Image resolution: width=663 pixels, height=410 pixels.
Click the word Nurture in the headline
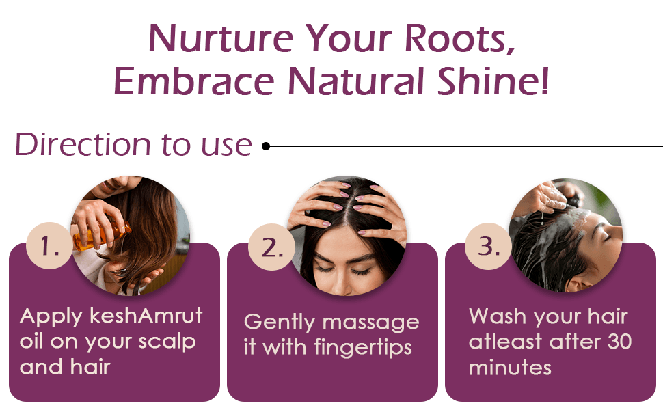point(221,38)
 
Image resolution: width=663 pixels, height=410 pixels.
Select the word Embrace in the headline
point(194,81)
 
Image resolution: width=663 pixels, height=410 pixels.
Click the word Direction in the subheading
point(83,144)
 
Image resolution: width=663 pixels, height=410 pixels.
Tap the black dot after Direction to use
point(265,146)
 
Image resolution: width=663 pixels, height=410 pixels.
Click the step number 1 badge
point(49,245)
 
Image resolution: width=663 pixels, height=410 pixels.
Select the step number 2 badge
point(271,247)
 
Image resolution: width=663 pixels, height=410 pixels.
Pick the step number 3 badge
point(488,246)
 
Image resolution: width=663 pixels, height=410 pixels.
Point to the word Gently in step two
point(280,323)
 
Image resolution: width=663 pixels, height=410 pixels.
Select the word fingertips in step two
point(363,348)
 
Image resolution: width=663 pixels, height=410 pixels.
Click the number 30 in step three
point(619,342)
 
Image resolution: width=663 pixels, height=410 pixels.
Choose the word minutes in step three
point(510,367)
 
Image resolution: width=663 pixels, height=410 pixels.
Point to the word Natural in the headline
point(357,81)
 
